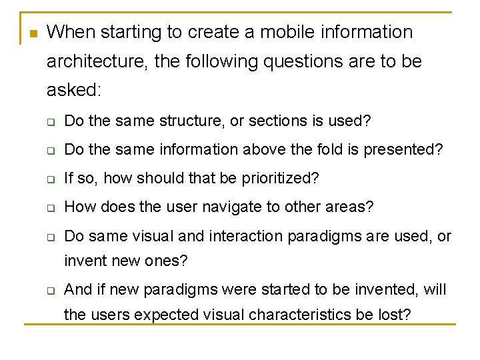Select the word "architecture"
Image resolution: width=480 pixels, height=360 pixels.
pyautogui.click(x=97, y=62)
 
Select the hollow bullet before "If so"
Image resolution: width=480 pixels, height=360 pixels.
pyautogui.click(x=50, y=179)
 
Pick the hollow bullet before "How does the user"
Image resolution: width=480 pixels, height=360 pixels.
pyautogui.click(x=50, y=208)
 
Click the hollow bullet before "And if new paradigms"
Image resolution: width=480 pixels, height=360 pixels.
pyautogui.click(x=50, y=290)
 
